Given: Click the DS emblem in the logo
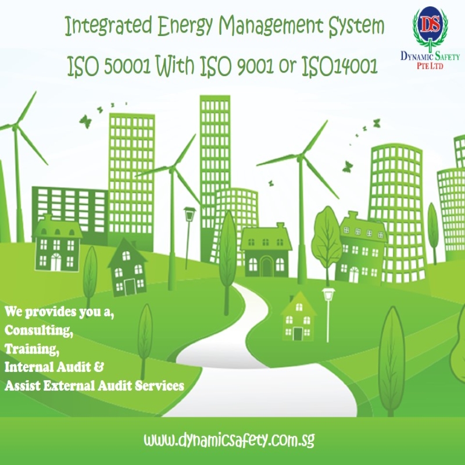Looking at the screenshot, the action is click(430, 26).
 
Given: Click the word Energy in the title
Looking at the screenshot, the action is click(185, 26).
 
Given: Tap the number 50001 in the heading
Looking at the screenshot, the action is click(127, 66).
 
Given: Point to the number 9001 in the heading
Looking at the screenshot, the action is click(255, 66).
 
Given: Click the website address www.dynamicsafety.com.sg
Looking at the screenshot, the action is click(229, 441).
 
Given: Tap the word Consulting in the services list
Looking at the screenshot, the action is click(38, 330).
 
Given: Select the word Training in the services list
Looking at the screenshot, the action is click(32, 349).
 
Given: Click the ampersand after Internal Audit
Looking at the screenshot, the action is click(99, 367).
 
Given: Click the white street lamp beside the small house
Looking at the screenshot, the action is click(328, 314).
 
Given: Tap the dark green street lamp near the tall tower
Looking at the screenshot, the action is click(188, 237).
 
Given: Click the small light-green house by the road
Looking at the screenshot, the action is click(298, 316).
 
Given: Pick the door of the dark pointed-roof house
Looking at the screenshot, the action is click(130, 287).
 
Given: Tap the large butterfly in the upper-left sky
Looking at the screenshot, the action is click(85, 121).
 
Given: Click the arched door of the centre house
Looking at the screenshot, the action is click(266, 266).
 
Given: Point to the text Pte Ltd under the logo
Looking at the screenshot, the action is click(430, 66).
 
